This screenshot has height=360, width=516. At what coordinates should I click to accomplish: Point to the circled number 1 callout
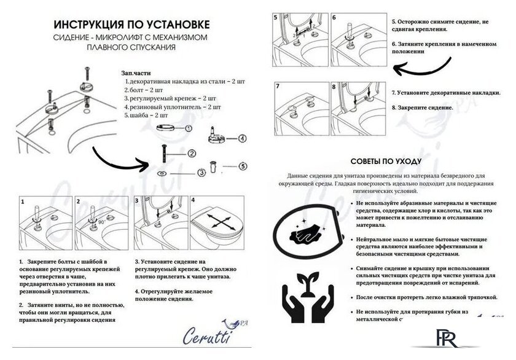pos(189,128)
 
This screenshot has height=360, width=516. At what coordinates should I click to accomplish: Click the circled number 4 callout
pos(242,138)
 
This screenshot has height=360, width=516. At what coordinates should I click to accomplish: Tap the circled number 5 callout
pos(243,165)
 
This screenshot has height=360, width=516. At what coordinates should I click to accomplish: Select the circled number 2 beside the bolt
pos(191,154)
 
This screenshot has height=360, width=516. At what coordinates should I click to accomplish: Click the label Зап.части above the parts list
pos(136,72)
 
